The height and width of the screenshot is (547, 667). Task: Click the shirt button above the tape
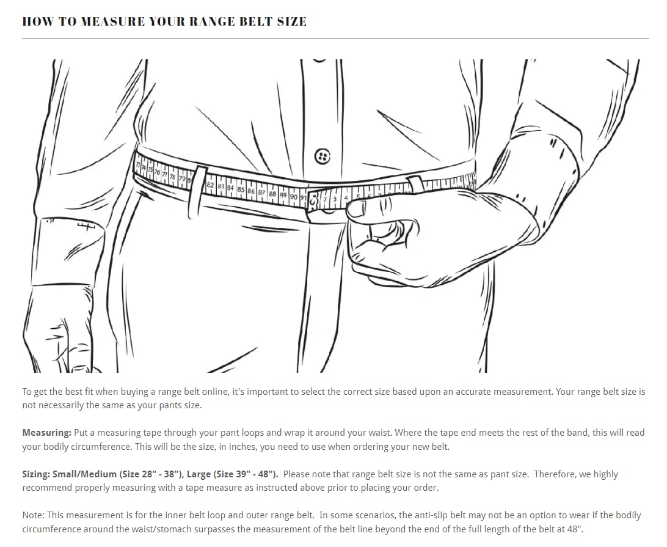point(322,156)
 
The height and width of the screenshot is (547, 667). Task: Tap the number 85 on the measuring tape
point(241,189)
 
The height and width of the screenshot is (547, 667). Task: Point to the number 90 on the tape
point(294,197)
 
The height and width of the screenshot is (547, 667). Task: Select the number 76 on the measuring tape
point(157,172)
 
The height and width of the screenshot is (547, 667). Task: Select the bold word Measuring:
point(46,433)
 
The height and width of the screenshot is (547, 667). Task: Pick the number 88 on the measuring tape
point(272,194)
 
